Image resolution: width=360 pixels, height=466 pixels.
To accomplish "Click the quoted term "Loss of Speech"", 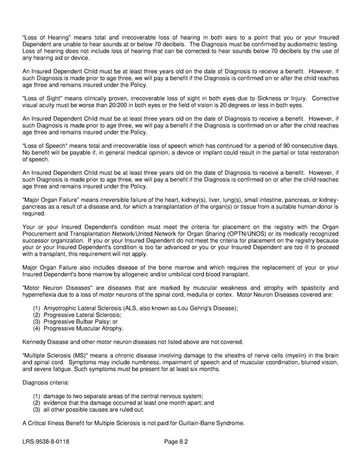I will click(43, 146).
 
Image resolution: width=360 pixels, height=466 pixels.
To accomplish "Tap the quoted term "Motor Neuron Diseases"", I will click(52, 288).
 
